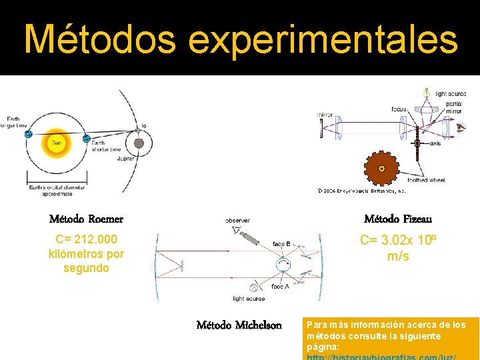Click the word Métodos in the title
tap(99, 39)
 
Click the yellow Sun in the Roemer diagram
tap(58, 143)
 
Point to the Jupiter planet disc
tap(139, 143)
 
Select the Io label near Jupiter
tap(143, 126)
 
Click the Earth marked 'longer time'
tap(28, 134)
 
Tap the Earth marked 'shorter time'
tap(86, 139)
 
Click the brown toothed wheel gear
tap(382, 169)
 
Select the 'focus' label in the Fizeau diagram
tap(399, 109)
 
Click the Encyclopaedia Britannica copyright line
tap(360, 190)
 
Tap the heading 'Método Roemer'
tap(86, 219)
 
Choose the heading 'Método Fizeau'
tap(398, 219)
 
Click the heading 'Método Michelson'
tap(239, 325)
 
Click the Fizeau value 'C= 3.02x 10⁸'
tap(398, 241)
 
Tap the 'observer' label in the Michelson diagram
tap(237, 220)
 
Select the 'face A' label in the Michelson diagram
tap(281, 285)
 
